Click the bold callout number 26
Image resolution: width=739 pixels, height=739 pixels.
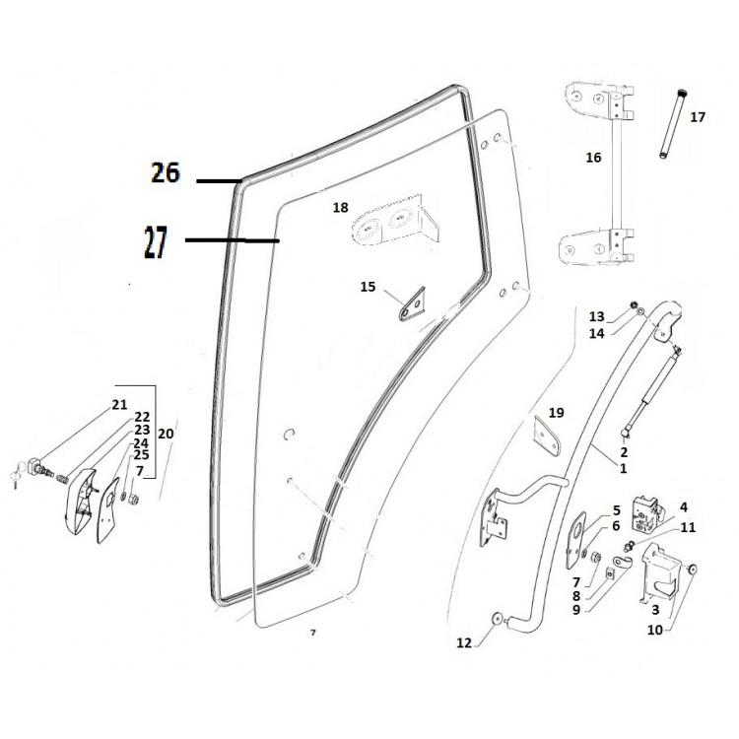(x=166, y=173)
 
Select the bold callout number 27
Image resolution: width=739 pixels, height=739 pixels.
(x=157, y=242)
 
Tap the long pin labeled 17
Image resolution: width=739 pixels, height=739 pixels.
(x=673, y=126)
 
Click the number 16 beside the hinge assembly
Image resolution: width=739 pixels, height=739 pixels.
(x=593, y=158)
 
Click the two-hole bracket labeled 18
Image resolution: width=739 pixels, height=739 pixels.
(x=392, y=226)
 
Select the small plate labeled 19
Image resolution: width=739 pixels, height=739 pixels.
(x=546, y=435)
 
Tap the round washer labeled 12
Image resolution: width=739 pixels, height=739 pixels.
(x=495, y=619)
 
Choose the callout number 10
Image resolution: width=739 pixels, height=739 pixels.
(x=654, y=628)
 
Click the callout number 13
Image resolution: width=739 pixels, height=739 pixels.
(x=597, y=316)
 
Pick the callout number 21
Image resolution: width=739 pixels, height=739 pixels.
(x=119, y=405)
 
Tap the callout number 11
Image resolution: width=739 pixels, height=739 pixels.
(x=688, y=528)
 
